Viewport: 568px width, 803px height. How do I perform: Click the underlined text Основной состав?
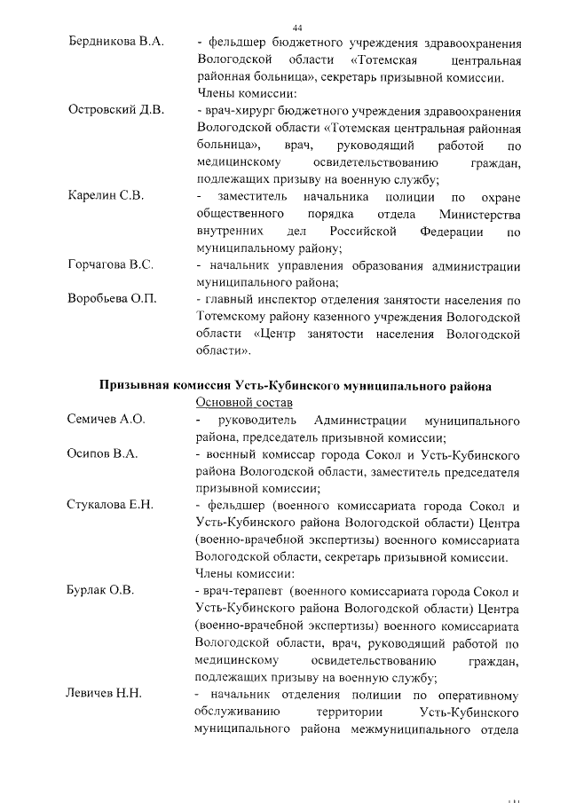(241, 402)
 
